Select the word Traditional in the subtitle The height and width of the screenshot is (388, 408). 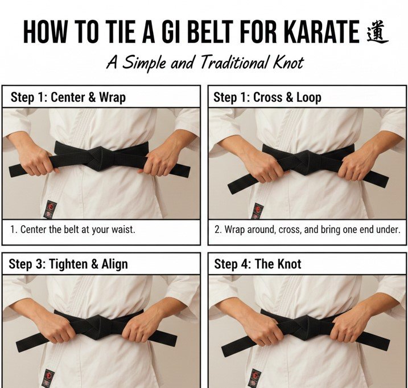coord(232,62)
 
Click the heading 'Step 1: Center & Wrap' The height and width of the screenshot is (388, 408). coord(68,97)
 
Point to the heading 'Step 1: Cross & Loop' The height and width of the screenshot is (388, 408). coord(267,97)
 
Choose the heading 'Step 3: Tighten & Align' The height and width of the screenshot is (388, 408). coord(68,264)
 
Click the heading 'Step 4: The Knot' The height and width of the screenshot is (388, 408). coord(257,264)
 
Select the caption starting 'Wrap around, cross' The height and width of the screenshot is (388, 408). coord(307,230)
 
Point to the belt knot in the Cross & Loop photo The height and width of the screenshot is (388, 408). coord(308,160)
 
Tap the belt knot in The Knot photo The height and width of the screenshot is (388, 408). coord(308,326)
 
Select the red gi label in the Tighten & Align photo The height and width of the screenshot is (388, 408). coord(48,377)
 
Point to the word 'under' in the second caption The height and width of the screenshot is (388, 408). coord(387,230)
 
